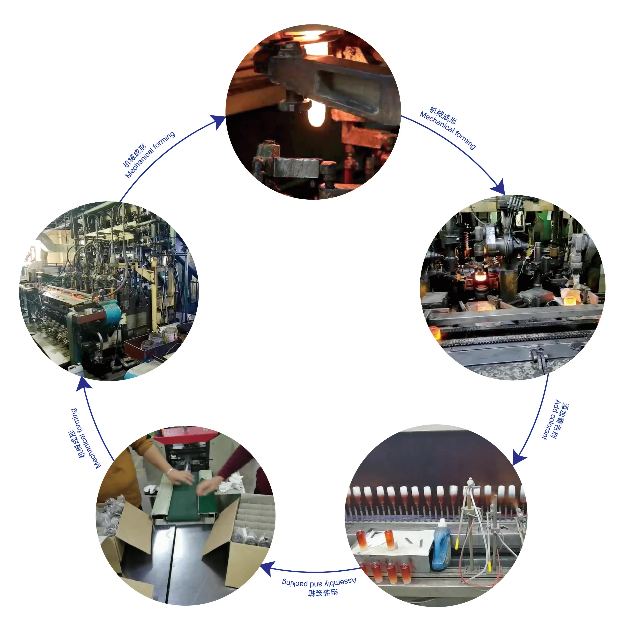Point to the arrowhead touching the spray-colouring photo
[519, 457]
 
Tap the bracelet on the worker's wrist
[170, 471]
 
